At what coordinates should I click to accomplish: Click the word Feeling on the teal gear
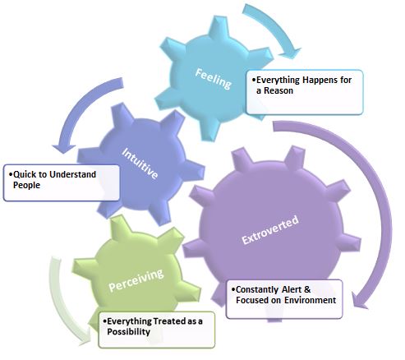point(214,79)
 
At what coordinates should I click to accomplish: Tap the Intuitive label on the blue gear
point(140,164)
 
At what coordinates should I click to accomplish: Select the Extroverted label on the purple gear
point(270,229)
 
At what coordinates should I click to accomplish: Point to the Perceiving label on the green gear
point(136,280)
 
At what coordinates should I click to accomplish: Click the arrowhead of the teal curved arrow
point(291,53)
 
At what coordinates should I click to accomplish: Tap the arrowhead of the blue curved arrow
point(64,148)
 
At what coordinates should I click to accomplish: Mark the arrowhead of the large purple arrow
point(360,300)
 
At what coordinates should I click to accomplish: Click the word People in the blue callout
point(26,185)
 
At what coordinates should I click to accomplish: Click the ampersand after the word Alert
point(307,289)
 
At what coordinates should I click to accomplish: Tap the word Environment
point(310,300)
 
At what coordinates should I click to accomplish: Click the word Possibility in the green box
point(128,332)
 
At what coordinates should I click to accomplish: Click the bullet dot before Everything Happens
point(254,80)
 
